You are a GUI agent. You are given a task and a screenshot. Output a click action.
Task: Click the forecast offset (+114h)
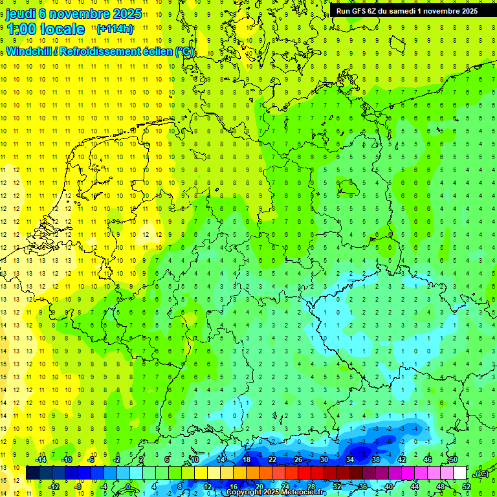click(115, 29)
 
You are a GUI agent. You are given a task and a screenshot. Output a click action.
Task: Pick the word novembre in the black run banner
click(441, 11)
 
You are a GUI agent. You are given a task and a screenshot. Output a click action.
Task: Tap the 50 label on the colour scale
click(454, 459)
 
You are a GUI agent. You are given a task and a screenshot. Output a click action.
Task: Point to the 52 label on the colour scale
click(467, 486)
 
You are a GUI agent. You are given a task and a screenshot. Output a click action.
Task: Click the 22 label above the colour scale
click(272, 459)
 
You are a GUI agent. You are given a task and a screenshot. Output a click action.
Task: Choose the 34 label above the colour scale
click(350, 459)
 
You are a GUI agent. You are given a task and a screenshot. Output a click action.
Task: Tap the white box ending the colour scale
click(460, 472)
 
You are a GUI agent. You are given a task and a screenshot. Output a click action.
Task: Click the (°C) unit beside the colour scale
click(480, 473)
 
